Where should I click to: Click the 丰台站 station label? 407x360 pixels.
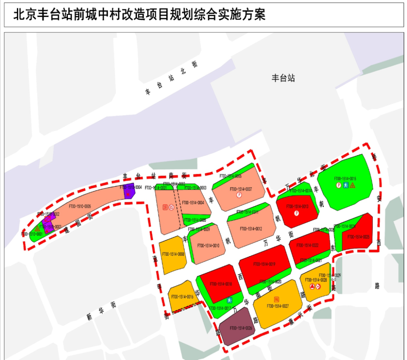click(x=283, y=78)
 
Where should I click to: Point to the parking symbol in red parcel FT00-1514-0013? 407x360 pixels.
click(x=297, y=213)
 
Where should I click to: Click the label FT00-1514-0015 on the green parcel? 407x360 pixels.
click(x=345, y=179)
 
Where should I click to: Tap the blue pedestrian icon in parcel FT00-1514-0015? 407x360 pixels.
click(x=346, y=185)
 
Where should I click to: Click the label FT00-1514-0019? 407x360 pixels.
click(x=264, y=264)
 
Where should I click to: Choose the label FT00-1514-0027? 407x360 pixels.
click(x=278, y=306)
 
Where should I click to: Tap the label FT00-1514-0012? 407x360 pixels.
click(x=251, y=229)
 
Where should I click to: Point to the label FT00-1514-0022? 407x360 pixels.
click(x=308, y=245)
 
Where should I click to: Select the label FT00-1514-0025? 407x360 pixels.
click(x=359, y=237)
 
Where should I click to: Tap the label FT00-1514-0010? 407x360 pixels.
click(x=208, y=246)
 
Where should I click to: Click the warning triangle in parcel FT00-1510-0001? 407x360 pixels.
click(x=37, y=229)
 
